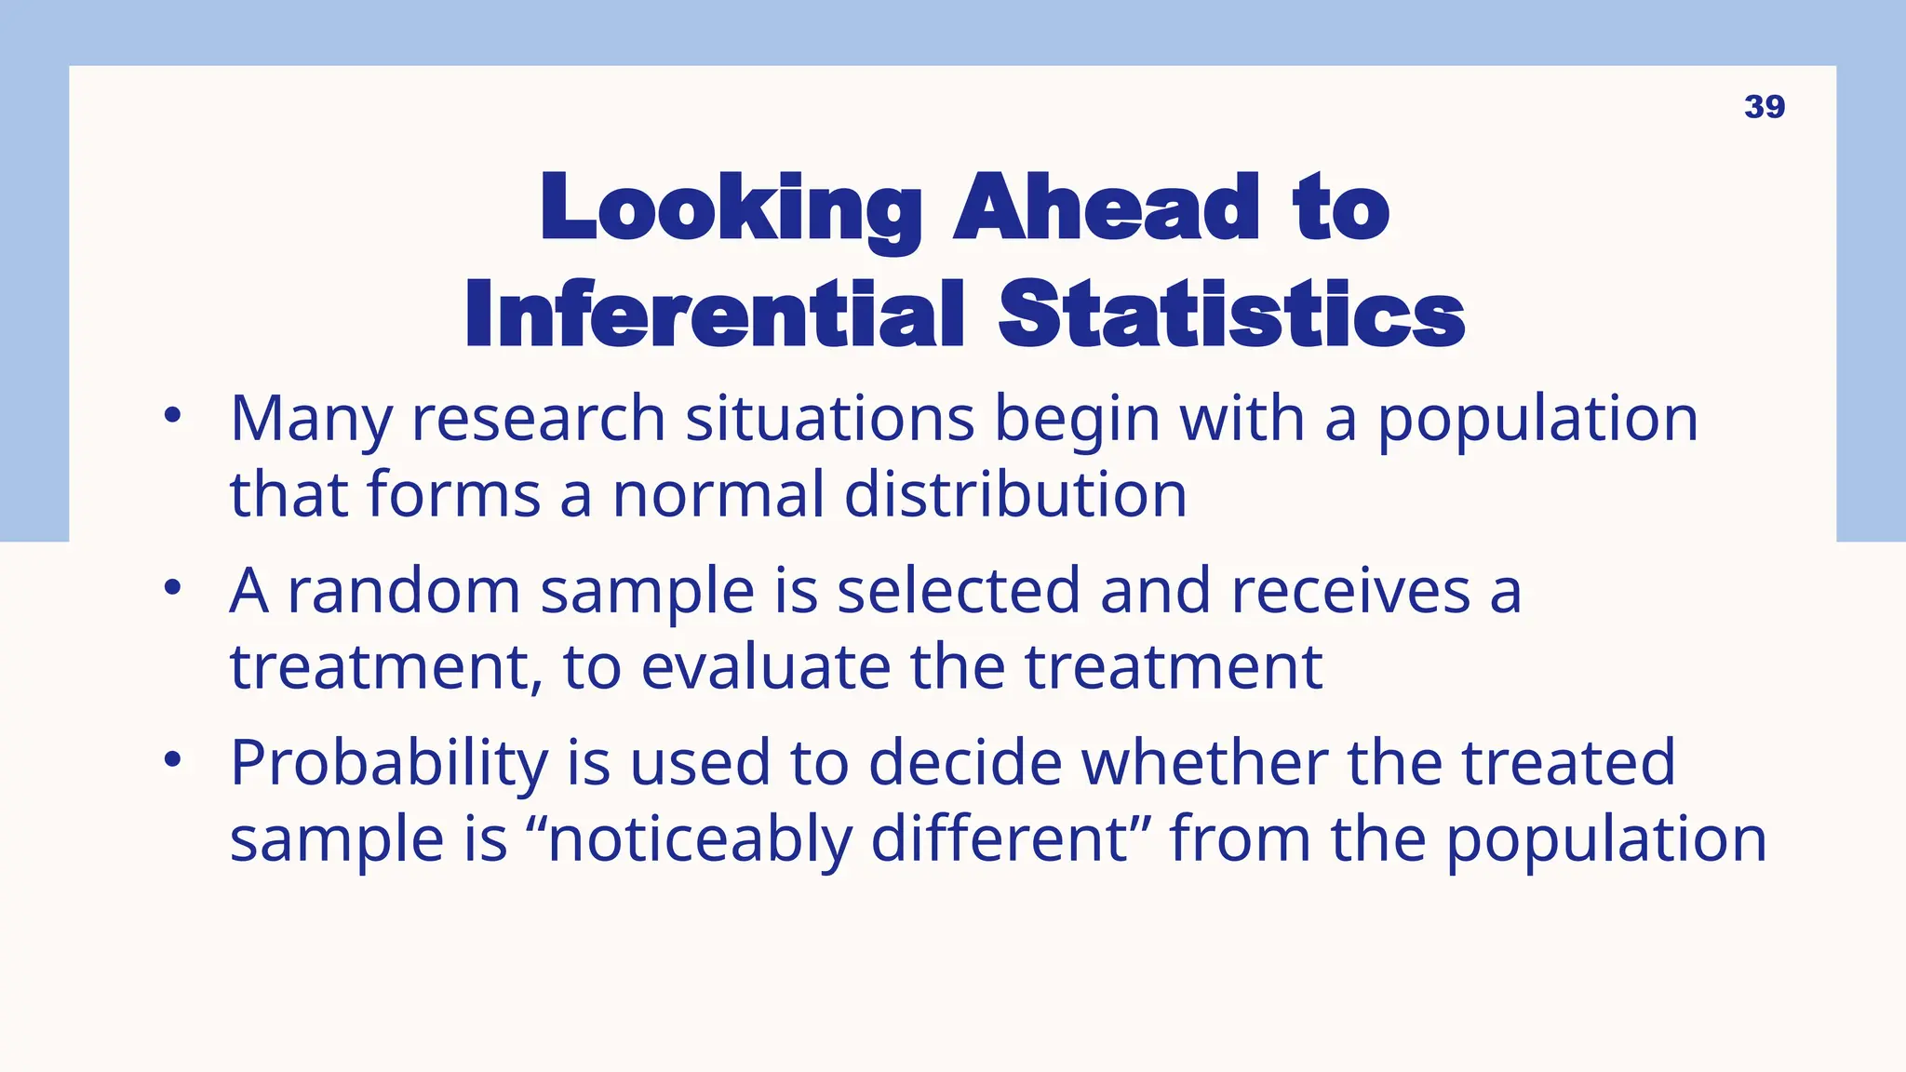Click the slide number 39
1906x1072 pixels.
[x=1764, y=107]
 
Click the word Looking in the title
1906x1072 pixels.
[x=731, y=208]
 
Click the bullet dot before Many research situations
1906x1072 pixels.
[x=172, y=416]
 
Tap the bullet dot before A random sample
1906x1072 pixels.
[x=172, y=588]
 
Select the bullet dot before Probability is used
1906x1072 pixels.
[x=172, y=760]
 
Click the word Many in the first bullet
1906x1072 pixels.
[x=311, y=421]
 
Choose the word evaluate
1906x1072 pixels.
[x=765, y=667]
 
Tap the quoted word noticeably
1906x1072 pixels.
[x=699, y=840]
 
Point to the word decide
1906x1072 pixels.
[x=965, y=763]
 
